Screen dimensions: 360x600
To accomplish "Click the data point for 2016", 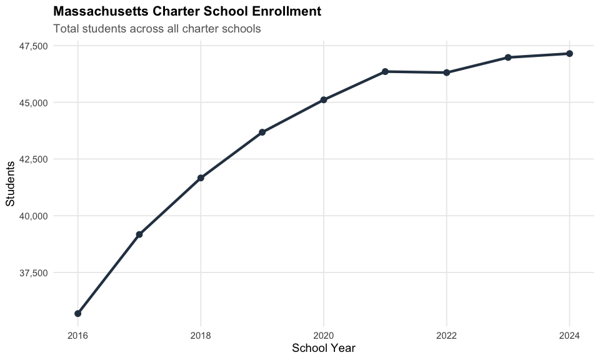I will [77, 313].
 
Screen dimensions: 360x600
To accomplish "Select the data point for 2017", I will [139, 234].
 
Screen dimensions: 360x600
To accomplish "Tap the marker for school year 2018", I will [201, 178].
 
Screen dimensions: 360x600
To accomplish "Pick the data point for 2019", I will [262, 132].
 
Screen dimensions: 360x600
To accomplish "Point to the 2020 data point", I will [324, 100].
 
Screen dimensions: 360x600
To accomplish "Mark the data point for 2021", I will [385, 72].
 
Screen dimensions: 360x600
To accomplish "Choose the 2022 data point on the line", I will [447, 72].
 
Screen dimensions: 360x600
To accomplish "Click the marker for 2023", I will [508, 57].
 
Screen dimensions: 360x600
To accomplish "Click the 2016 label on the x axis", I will [77, 336].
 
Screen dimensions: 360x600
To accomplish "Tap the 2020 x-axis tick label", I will [324, 336].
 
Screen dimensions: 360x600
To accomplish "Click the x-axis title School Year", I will [324, 348].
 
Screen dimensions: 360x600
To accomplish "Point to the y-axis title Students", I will [10, 183].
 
